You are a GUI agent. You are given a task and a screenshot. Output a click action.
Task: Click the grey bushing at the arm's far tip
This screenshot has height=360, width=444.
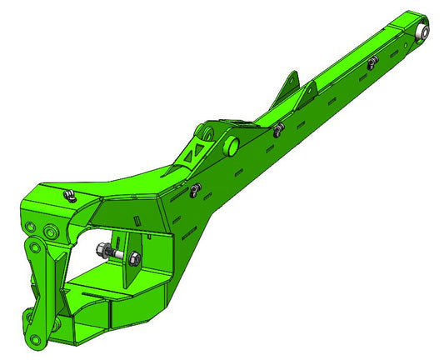coord(423,32)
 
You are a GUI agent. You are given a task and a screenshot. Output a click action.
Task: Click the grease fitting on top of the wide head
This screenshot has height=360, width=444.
coord(68,196)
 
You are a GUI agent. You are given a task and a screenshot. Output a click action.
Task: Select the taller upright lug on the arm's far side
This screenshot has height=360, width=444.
coord(290,82)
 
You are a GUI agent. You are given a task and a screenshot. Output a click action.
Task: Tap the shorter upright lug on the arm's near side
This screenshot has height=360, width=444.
coord(311,90)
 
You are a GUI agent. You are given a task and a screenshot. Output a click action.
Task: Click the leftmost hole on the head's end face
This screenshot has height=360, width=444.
coord(31,227)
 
